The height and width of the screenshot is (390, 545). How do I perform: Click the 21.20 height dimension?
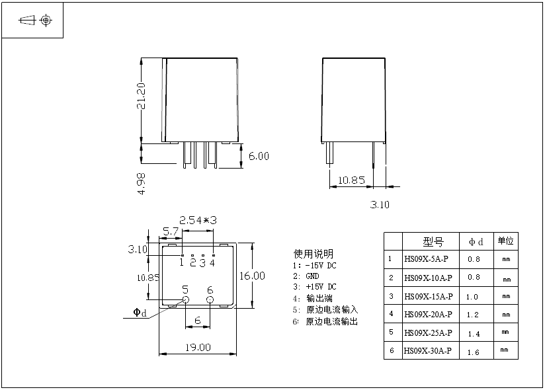pyautogui.click(x=141, y=97)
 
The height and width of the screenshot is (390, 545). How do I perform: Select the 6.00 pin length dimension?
pyautogui.click(x=259, y=156)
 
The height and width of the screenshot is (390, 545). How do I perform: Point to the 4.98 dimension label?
pyautogui.click(x=141, y=183)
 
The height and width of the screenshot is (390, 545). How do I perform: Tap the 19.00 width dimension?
pyautogui.click(x=198, y=347)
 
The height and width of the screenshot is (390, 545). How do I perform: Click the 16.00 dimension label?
pyautogui.click(x=253, y=275)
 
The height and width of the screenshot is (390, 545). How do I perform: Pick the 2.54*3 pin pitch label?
pyautogui.click(x=198, y=219)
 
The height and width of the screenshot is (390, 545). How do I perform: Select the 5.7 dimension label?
pyautogui.click(x=171, y=231)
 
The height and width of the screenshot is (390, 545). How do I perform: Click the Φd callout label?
pyautogui.click(x=140, y=313)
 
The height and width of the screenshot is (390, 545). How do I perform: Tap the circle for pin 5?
pyautogui.click(x=185, y=300)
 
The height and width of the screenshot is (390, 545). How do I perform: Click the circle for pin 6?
pyautogui.click(x=210, y=300)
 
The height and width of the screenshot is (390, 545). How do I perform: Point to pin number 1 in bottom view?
pyautogui.click(x=181, y=262)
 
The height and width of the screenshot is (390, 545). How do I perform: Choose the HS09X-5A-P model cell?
pyautogui.click(x=426, y=259)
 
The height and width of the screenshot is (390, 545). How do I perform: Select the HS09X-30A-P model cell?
pyautogui.click(x=427, y=350)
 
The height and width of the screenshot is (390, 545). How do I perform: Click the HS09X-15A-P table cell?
pyautogui.click(x=428, y=296)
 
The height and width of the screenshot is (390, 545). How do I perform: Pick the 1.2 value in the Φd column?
pyautogui.click(x=474, y=315)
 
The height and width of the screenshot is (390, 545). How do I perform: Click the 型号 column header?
pyautogui.click(x=433, y=241)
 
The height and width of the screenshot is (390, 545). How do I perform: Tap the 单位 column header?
pyautogui.click(x=505, y=241)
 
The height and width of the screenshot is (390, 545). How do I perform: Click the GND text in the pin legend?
pyautogui.click(x=312, y=276)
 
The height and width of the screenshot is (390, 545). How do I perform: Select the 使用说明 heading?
pyautogui.click(x=314, y=254)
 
